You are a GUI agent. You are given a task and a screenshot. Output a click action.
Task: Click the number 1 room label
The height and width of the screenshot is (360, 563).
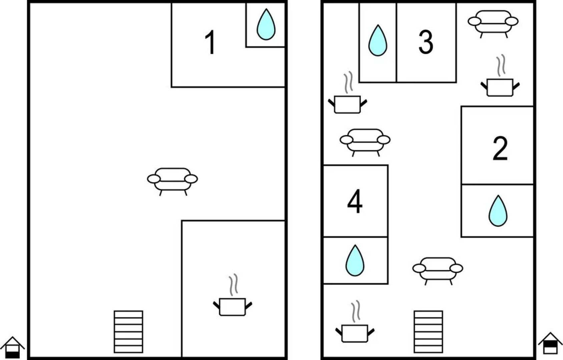[210, 42]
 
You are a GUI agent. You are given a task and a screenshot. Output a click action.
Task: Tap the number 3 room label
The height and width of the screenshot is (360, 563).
[426, 42]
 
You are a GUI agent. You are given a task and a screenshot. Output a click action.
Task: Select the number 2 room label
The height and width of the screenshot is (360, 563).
[500, 148]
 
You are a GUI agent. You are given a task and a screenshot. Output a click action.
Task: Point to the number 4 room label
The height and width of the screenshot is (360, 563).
[355, 201]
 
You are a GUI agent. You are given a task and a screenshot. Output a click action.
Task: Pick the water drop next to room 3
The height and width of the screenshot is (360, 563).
[378, 40]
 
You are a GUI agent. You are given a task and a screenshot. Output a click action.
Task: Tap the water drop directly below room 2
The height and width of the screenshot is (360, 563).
[498, 211]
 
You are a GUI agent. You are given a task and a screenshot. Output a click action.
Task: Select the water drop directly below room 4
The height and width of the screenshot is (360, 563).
[355, 261]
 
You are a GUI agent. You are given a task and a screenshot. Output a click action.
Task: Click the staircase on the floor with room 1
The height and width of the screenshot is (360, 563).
[128, 332]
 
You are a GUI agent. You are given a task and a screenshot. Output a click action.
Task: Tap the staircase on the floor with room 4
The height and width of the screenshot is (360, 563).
[428, 332]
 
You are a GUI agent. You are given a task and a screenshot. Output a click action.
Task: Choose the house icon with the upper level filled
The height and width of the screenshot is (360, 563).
[550, 343]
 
